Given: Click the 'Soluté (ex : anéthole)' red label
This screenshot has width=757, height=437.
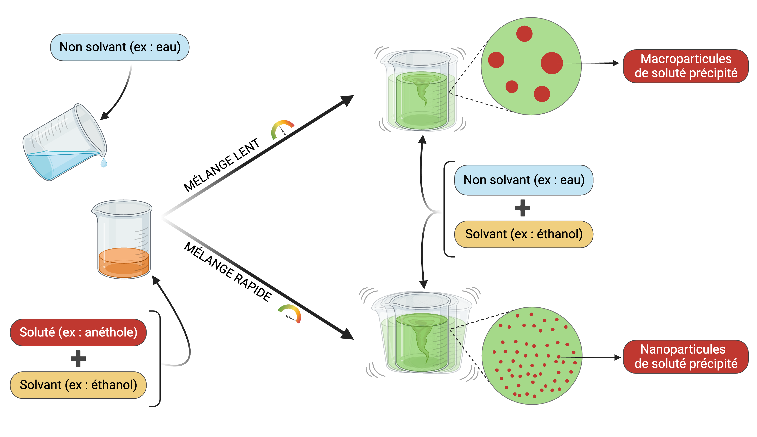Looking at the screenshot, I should tap(78, 332).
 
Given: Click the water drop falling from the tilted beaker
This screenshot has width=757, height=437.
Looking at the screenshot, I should tap(104, 163).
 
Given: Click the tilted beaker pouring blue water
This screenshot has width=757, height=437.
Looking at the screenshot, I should tap(65, 143).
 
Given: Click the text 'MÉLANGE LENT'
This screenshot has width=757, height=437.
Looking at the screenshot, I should tap(221, 165).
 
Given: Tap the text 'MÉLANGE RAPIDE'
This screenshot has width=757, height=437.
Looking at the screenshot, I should tap(228, 271).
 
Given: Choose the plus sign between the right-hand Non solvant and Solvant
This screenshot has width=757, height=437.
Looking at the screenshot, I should tap(522, 208).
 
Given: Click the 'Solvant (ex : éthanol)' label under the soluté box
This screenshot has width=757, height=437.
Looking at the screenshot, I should tap(78, 385).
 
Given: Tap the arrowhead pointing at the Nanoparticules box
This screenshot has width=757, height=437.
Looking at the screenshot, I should tap(617, 358).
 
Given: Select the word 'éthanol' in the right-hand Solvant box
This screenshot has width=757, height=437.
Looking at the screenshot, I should tap(559, 234).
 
